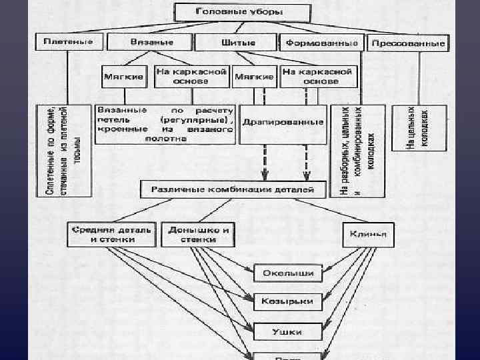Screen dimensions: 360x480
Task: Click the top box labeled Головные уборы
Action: (x=241, y=13)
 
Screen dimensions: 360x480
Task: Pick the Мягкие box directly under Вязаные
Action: (x=125, y=76)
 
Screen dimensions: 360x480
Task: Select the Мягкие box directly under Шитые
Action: (x=253, y=76)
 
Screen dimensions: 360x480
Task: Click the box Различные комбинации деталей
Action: (x=233, y=190)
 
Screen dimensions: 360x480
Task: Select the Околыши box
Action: (x=288, y=272)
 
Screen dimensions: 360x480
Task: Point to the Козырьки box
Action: (x=288, y=301)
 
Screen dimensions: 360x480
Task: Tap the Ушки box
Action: (x=288, y=329)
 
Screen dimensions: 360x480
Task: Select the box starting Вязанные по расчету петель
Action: (x=165, y=123)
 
